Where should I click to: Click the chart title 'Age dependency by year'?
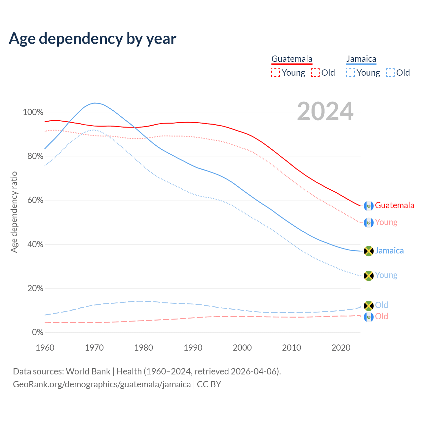click(x=93, y=38)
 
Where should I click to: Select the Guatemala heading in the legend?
click(x=292, y=59)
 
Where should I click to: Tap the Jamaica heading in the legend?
click(x=361, y=59)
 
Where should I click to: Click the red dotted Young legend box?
click(x=275, y=73)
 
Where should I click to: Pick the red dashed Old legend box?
click(x=315, y=73)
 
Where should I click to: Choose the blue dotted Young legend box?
click(x=351, y=73)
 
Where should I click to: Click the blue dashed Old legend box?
click(x=390, y=73)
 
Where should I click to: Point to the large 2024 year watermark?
click(x=325, y=111)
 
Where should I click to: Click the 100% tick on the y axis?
click(x=33, y=112)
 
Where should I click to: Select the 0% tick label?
click(x=37, y=332)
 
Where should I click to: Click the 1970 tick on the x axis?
click(x=94, y=348)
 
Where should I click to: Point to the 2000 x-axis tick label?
click(x=242, y=348)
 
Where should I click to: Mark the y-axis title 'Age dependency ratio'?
click(x=14, y=212)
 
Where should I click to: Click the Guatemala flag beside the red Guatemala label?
click(x=368, y=206)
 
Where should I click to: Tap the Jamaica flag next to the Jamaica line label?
click(x=368, y=251)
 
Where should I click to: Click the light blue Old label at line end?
click(x=381, y=305)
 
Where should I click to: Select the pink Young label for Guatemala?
click(x=386, y=222)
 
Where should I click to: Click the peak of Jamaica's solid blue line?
click(x=95, y=103)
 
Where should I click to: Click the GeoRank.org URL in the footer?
click(x=102, y=384)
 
